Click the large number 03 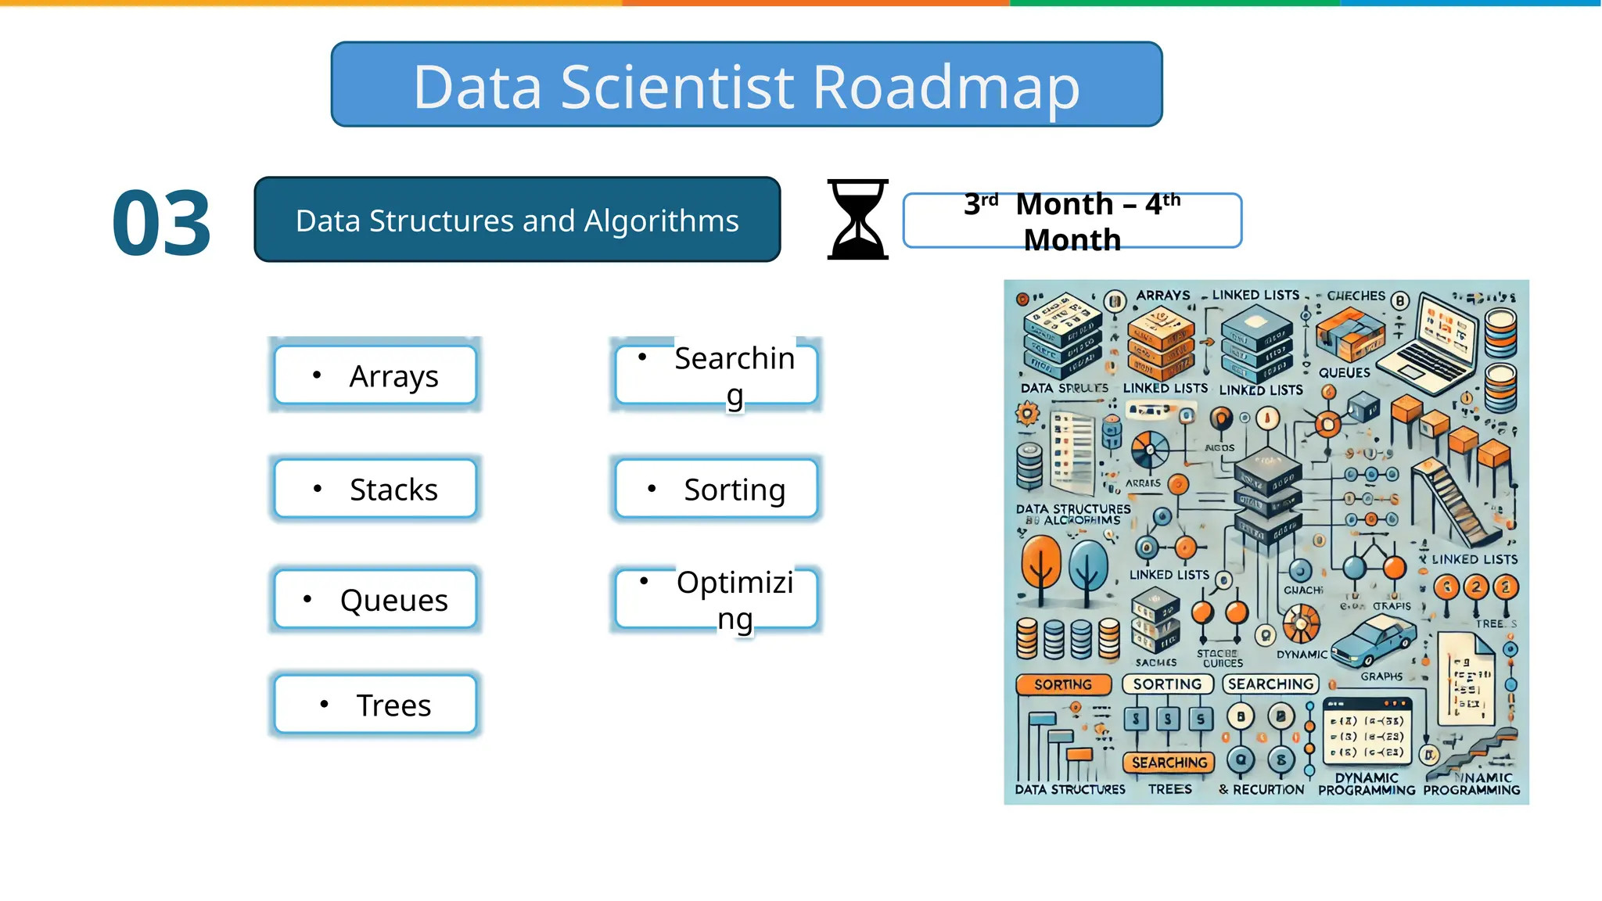[162, 224]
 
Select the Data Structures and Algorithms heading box [517, 220]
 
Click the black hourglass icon [858, 219]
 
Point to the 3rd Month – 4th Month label [1072, 221]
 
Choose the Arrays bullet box [375, 375]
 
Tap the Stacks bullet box [375, 489]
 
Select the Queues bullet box [375, 600]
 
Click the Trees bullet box [375, 705]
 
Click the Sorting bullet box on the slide [717, 489]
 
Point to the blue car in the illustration [1374, 640]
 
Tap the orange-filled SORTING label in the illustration [1063, 684]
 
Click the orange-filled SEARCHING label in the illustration [1169, 763]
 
